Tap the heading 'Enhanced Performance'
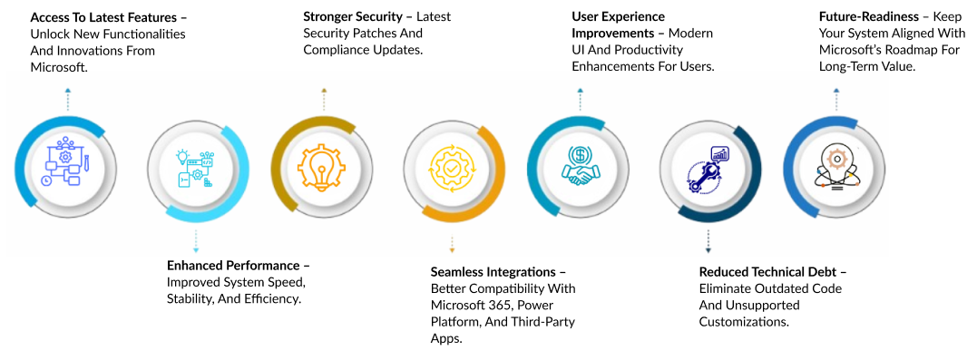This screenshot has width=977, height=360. point(233,266)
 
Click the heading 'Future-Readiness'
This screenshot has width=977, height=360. point(868,16)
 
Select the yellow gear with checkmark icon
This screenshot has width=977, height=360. point(453,169)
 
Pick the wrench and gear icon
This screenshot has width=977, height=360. point(708,170)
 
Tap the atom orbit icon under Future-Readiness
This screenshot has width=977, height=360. point(838,167)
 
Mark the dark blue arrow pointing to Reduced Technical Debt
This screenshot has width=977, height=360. point(708,241)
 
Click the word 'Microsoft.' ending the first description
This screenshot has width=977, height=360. point(59,67)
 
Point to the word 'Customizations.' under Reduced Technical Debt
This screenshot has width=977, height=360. point(745,322)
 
